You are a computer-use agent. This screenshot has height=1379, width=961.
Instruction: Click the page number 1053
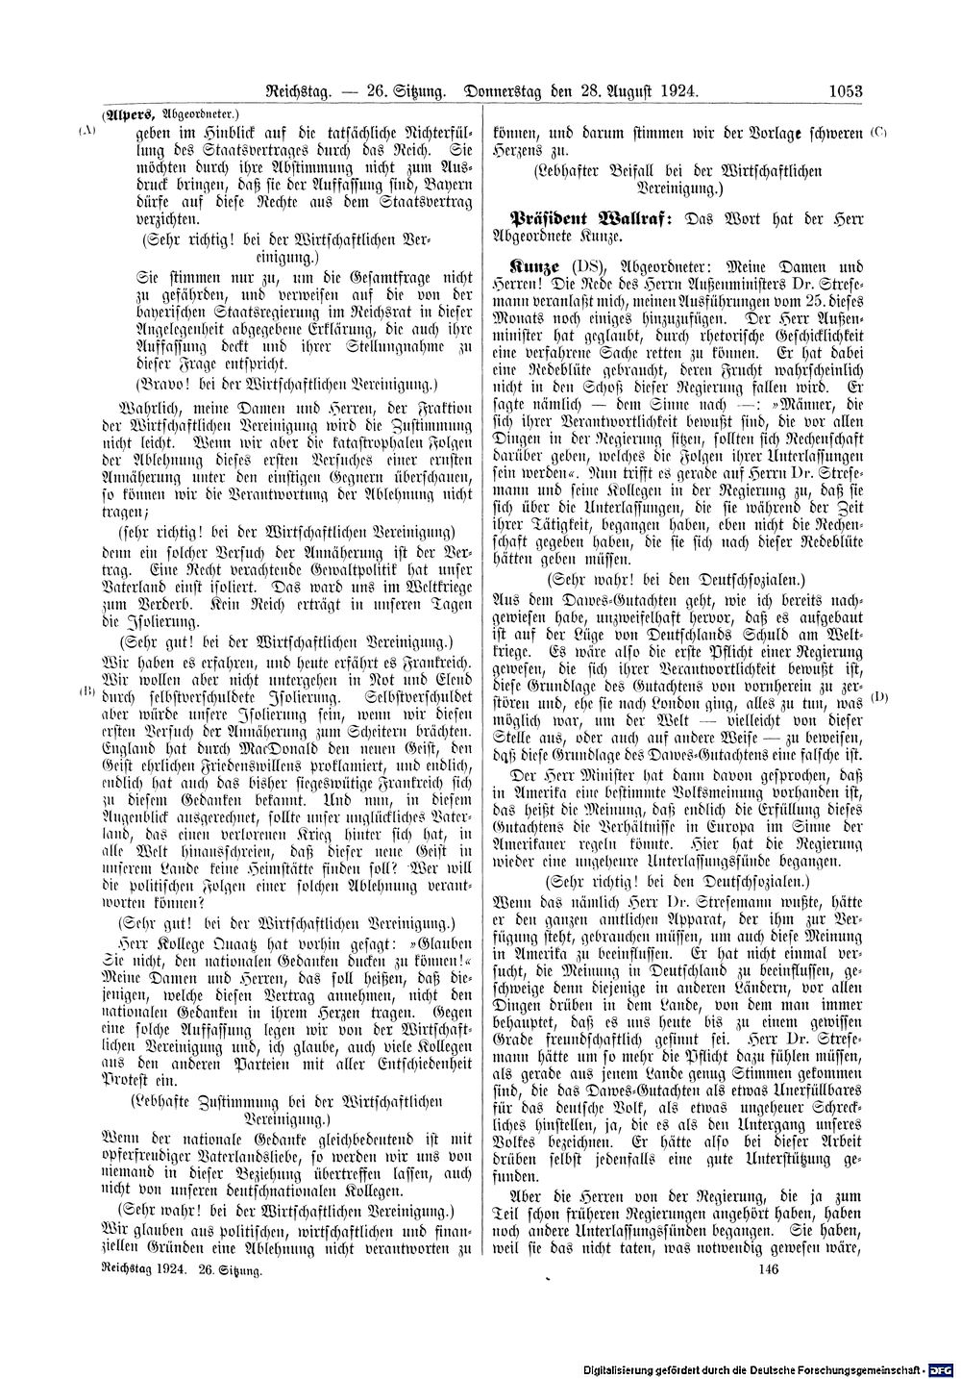click(x=846, y=92)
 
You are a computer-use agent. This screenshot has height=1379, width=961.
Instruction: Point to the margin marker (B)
click(x=87, y=691)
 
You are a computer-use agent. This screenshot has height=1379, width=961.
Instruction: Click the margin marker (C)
click(x=878, y=131)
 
